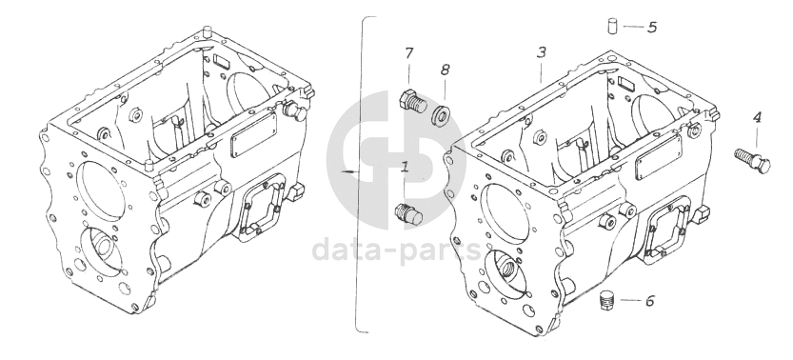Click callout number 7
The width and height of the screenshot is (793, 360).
[408, 53]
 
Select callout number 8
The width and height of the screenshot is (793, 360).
[445, 70]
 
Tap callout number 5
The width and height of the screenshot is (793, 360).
[652, 27]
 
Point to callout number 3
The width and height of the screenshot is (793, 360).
[542, 52]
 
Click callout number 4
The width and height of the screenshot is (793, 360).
[757, 118]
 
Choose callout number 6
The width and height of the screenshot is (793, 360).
[650, 301]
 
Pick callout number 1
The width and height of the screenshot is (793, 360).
[405, 167]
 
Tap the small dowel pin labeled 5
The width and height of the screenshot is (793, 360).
[613, 26]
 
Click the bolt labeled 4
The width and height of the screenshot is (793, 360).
[752, 160]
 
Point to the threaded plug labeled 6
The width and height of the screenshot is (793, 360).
[606, 301]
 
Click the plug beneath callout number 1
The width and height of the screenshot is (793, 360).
[408, 214]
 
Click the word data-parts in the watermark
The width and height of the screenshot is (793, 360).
[395, 250]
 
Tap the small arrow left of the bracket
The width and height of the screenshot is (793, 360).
[348, 173]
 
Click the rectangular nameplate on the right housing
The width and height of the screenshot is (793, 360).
[659, 156]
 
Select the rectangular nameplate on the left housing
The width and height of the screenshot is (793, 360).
[253, 134]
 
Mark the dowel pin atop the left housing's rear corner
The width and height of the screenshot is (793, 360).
[206, 30]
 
